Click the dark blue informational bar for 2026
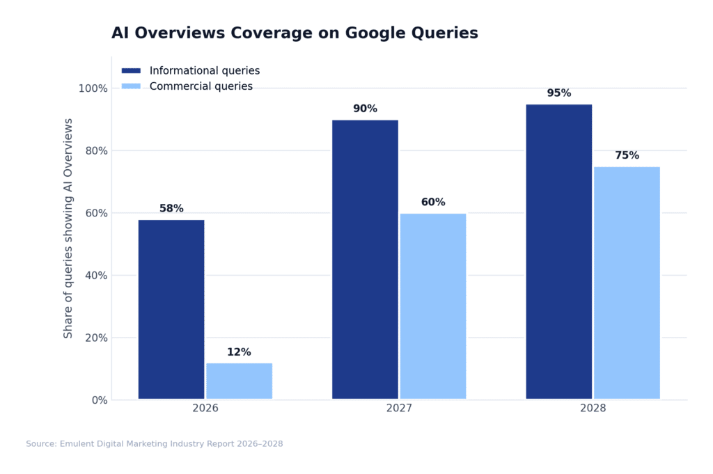171,310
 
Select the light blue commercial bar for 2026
239,381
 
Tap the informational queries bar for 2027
365,260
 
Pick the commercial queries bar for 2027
432,306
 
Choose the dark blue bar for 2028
558,252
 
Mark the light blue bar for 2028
627,283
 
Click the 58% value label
171,208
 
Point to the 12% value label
239,352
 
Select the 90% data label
365,109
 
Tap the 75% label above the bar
627,155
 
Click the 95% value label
558,93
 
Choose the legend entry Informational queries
204,71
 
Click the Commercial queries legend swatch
131,86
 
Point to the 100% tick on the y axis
93,88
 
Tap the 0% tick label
98,400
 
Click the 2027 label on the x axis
399,408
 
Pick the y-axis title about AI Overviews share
68,228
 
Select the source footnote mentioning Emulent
154,443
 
